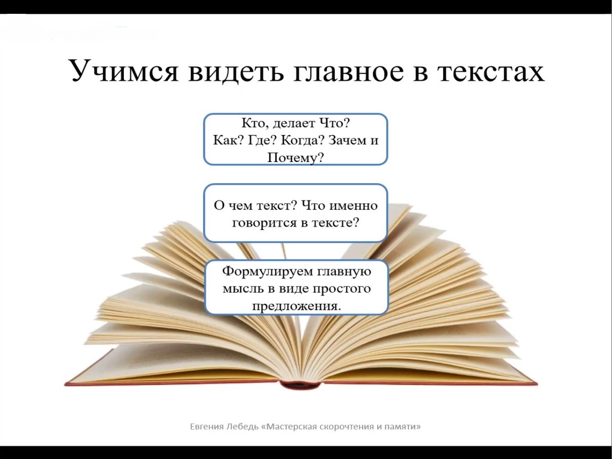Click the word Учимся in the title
coord(124,71)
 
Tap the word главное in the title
coord(348,71)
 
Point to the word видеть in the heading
coord(235,71)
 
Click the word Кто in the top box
coord(254,123)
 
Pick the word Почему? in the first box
coord(295,157)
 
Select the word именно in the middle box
coord(354,205)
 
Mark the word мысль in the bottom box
coord(242,289)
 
